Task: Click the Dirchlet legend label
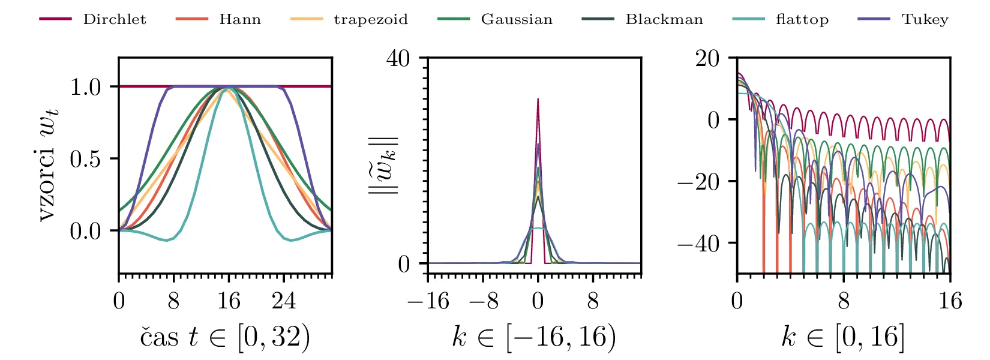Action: pyautogui.click(x=114, y=19)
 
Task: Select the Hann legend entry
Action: pyautogui.click(x=240, y=19)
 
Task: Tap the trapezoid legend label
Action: pyautogui.click(x=371, y=19)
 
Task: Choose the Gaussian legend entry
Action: pyautogui.click(x=517, y=19)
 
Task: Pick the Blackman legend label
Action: pyautogui.click(x=664, y=19)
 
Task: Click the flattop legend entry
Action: pyautogui.click(x=802, y=19)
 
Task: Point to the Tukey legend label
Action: pyautogui.click(x=925, y=19)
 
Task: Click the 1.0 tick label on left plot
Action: pyautogui.click(x=85, y=87)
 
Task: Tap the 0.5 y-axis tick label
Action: pyautogui.click(x=85, y=159)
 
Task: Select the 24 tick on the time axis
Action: pyautogui.click(x=284, y=301)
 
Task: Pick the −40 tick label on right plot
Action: pyautogui.click(x=698, y=244)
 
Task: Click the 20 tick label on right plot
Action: pyautogui.click(x=707, y=59)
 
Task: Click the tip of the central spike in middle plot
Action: pyautogui.click(x=538, y=99)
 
